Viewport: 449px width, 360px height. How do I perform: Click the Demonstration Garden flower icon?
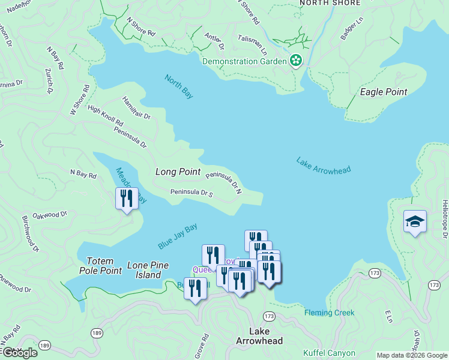click(295, 61)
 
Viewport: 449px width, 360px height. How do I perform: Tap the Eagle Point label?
click(383, 92)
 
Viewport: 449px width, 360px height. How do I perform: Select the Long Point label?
click(178, 172)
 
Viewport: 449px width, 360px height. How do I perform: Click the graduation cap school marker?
click(415, 222)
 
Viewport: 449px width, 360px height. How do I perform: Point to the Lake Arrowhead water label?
click(324, 165)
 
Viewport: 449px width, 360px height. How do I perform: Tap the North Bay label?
click(179, 86)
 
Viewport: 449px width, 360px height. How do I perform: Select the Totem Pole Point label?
click(104, 266)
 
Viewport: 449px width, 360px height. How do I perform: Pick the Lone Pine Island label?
click(148, 270)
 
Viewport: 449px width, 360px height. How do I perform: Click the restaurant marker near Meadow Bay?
click(126, 198)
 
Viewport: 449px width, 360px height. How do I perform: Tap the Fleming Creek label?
click(329, 313)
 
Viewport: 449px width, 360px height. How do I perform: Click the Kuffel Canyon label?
click(329, 353)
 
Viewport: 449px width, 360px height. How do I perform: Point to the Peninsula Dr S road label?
click(191, 193)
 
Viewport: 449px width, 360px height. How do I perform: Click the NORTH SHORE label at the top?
click(330, 3)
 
